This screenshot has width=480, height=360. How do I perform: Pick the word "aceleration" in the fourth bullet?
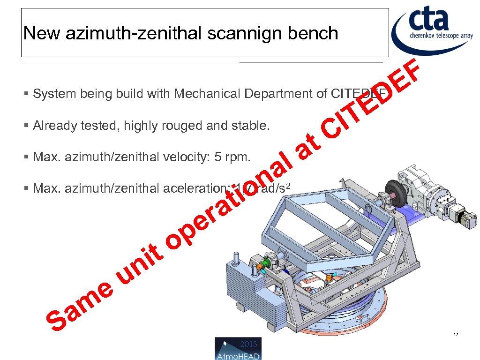click(193, 188)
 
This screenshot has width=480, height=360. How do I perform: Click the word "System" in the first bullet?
click(55, 94)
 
